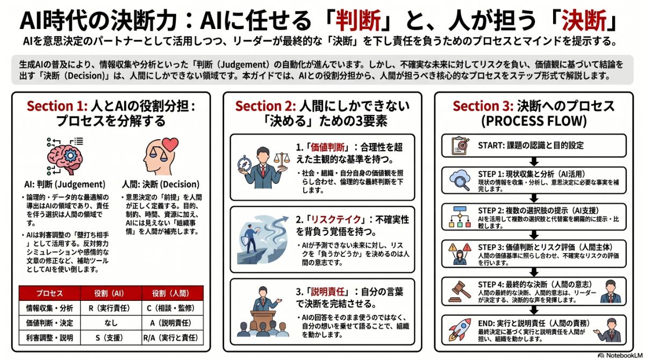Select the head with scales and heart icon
pyautogui.click(x=160, y=156)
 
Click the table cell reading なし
pyautogui.click(x=111, y=323)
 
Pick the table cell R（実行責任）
pyautogui.click(x=111, y=308)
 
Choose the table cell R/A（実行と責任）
pyautogui.click(x=173, y=339)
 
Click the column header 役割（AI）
pyautogui.click(x=111, y=293)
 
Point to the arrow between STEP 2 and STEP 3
pyautogui.click(x=534, y=235)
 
